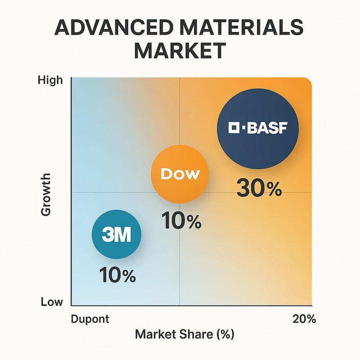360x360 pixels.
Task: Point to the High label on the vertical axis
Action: (x=50, y=81)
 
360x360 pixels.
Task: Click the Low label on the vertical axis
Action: (x=52, y=301)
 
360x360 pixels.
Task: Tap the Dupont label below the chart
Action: (x=90, y=319)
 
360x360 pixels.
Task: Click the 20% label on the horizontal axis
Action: (x=304, y=319)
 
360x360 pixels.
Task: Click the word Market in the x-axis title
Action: (x=153, y=334)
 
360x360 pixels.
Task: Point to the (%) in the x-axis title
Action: (x=221, y=334)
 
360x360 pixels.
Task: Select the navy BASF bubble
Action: (x=257, y=128)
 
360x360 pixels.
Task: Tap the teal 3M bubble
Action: (x=117, y=235)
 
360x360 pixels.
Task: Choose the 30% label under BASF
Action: (x=259, y=189)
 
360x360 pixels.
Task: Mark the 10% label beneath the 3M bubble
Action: (x=117, y=275)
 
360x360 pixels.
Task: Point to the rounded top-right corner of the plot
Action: (x=307, y=82)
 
